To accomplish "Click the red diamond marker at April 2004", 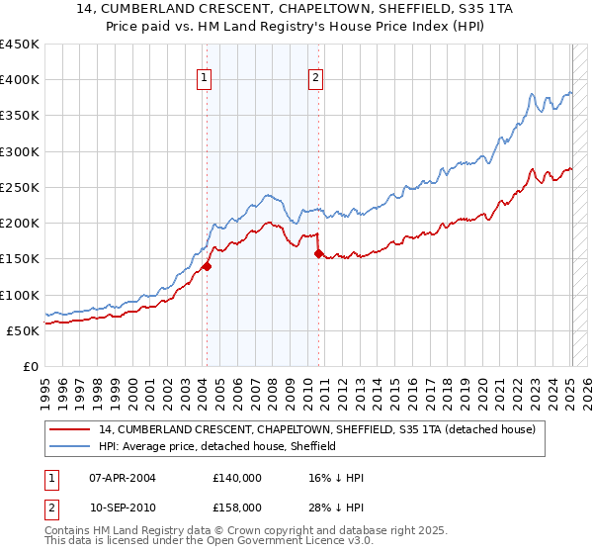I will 207,266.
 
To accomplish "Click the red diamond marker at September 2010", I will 318,253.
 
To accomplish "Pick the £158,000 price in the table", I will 237,508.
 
